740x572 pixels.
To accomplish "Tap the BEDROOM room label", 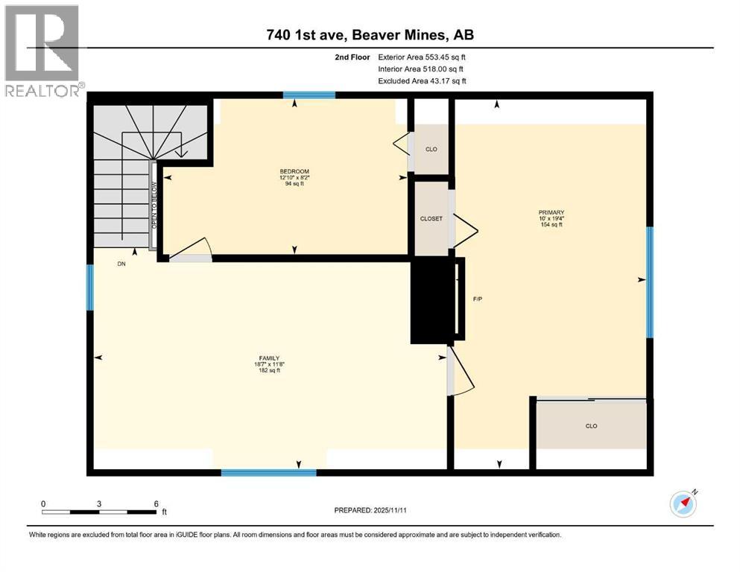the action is (294, 171).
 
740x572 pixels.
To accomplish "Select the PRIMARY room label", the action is (551, 212).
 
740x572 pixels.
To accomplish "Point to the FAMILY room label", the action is (269, 358).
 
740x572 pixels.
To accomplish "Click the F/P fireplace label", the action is (478, 299).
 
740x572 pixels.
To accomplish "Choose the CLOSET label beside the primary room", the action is (431, 219).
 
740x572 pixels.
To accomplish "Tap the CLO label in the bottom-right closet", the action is (592, 426).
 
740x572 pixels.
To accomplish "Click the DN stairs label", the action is (121, 264).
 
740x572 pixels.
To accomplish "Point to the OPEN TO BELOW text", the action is (154, 206).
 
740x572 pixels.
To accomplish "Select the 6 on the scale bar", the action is (156, 503).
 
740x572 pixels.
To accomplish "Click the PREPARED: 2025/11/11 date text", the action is (370, 510).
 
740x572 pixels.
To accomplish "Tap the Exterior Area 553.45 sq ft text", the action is (422, 57).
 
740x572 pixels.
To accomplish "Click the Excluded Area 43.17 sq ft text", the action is (422, 81).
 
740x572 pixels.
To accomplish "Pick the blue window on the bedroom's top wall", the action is (309, 95).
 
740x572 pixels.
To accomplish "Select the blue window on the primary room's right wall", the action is (650, 282).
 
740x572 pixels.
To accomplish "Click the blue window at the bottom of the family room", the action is (268, 472).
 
